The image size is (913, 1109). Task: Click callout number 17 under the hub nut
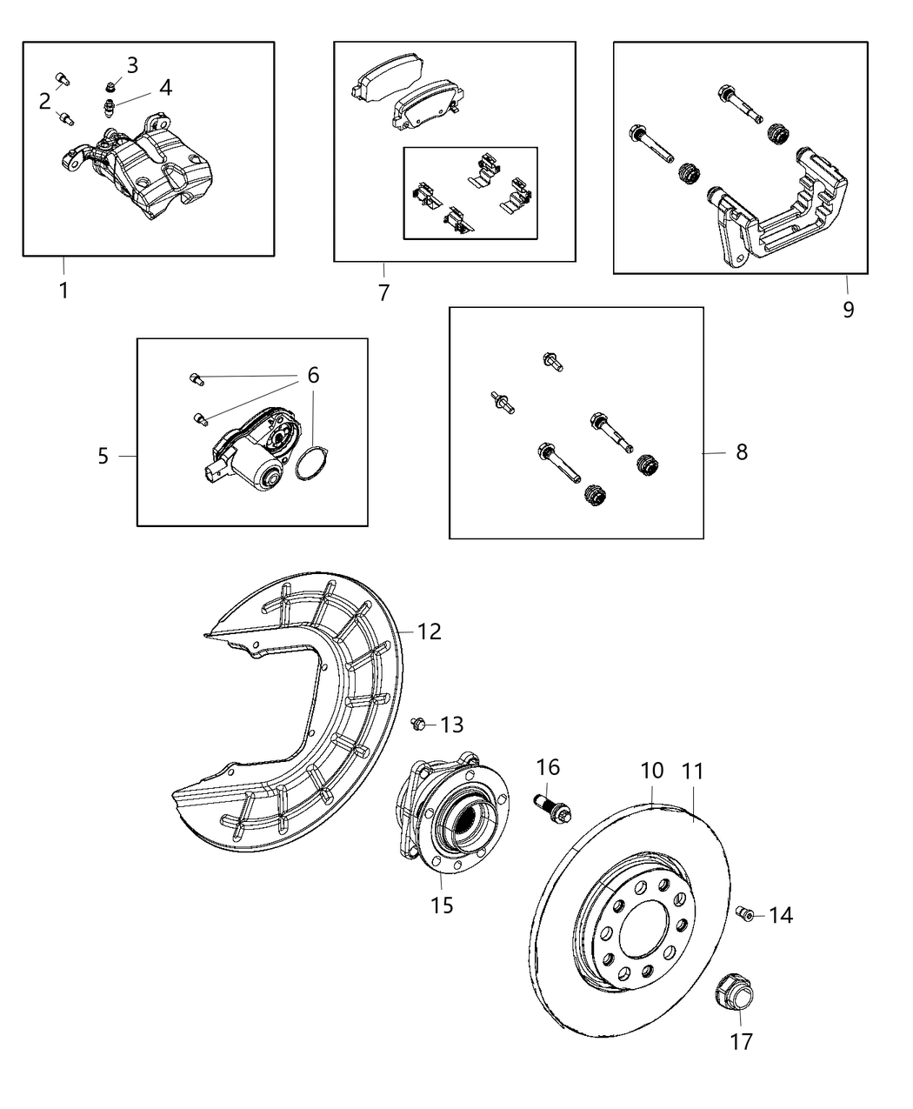(x=741, y=1040)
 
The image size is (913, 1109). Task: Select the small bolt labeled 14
(x=744, y=912)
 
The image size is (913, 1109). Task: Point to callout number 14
(x=780, y=915)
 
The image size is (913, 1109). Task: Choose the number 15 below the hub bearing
(x=442, y=905)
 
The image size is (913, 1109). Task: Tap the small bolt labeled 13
(x=418, y=722)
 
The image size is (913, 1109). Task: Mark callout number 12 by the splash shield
(x=430, y=631)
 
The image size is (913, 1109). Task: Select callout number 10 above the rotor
(x=652, y=770)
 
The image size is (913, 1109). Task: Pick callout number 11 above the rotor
(x=693, y=771)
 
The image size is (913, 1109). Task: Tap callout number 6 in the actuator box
(x=313, y=375)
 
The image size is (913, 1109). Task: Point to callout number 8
(x=741, y=452)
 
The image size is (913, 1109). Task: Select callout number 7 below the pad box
(x=383, y=292)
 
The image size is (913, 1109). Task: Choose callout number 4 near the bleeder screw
(x=164, y=87)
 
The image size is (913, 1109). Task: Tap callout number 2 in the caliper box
(x=45, y=102)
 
